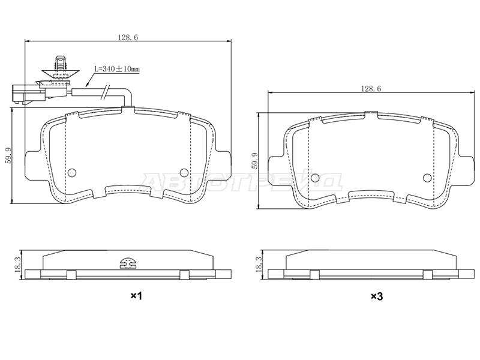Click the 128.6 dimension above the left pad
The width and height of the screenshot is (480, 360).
point(128,37)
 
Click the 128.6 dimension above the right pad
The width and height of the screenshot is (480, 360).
point(371,89)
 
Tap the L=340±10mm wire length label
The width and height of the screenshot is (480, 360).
point(116,69)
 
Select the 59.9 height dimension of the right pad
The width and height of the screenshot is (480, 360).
point(254,161)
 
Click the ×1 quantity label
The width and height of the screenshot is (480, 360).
point(136,296)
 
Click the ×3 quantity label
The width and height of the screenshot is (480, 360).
point(377,296)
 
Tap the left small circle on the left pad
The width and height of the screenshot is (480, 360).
point(71,173)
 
